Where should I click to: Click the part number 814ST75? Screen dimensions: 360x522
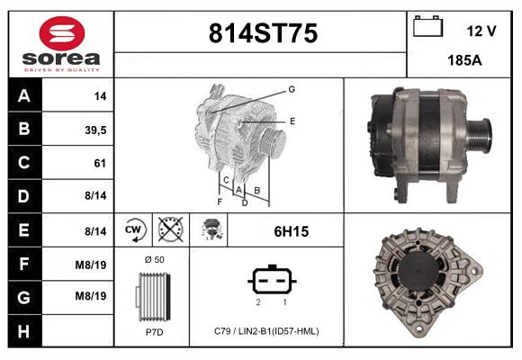coord(262,33)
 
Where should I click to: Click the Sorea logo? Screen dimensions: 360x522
coord(62,44)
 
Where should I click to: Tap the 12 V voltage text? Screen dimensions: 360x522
coord(481,31)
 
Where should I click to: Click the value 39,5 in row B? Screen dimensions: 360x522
coord(94,130)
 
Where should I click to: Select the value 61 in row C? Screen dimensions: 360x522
coord(100,163)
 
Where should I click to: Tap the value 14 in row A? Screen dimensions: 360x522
coord(100,95)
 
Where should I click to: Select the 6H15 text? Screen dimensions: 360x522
coord(292,231)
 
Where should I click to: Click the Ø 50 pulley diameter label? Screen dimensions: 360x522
coord(154,259)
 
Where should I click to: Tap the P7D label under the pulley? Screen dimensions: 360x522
coord(154,331)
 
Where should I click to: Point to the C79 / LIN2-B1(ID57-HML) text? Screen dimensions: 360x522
coord(267,331)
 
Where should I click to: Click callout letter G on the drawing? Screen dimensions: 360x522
coord(292,89)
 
